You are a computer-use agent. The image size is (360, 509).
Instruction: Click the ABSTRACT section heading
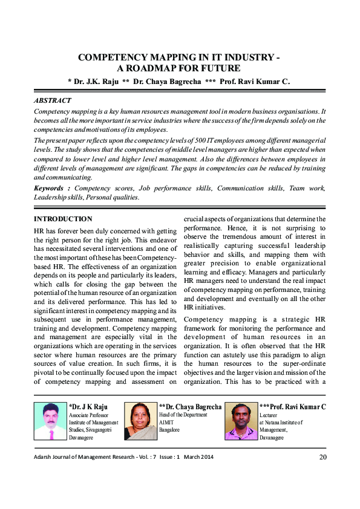point(53,100)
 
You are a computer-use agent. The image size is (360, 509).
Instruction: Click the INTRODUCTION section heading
point(63,219)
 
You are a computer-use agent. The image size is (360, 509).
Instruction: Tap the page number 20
point(322,457)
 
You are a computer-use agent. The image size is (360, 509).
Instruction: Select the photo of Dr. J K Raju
point(50,422)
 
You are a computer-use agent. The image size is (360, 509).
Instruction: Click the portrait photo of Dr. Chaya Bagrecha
point(140,422)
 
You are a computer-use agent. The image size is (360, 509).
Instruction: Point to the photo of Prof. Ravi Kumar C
point(241,422)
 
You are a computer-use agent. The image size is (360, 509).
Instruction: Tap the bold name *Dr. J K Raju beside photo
point(90,407)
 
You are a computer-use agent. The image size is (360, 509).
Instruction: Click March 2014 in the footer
point(199,457)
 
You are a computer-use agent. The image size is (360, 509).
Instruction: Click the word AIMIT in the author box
point(167,423)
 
